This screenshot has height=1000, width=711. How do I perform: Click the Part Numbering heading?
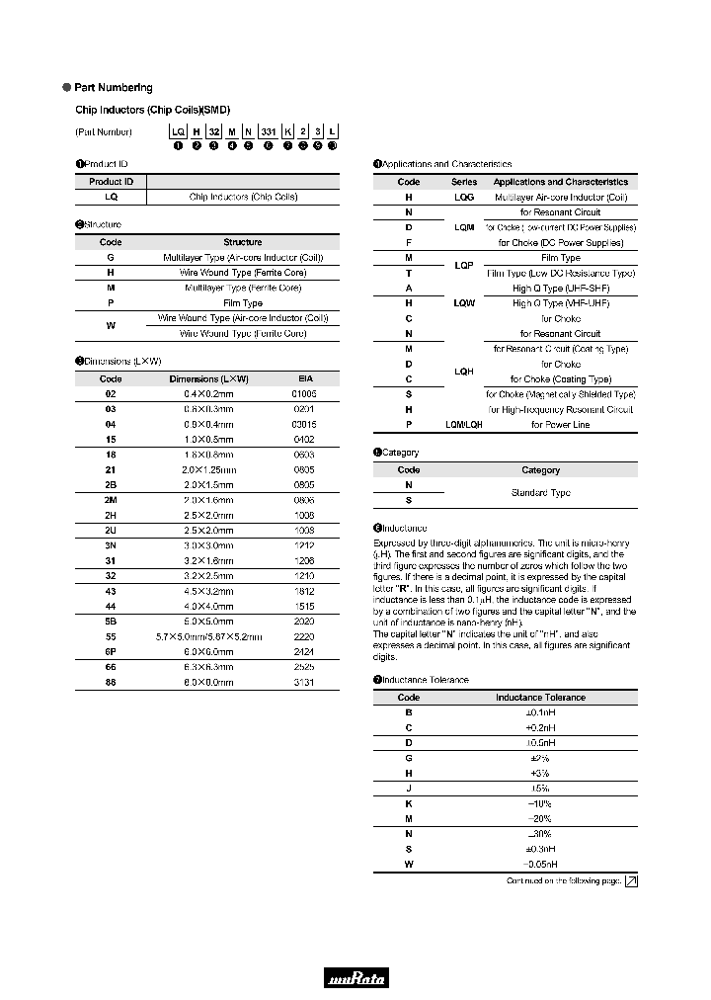pyautogui.click(x=114, y=88)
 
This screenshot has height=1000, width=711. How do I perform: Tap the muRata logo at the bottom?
pyautogui.click(x=355, y=978)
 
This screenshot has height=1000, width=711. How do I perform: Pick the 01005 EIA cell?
pyautogui.click(x=305, y=393)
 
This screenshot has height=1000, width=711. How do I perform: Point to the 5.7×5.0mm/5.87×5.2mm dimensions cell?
pyautogui.click(x=208, y=637)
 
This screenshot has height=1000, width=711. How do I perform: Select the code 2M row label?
pyautogui.click(x=111, y=500)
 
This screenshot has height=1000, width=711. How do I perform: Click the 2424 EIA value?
pyautogui.click(x=305, y=652)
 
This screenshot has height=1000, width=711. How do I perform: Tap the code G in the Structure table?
pyautogui.click(x=111, y=257)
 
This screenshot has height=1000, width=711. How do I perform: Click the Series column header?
pyautogui.click(x=464, y=182)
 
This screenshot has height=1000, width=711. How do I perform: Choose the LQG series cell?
pyautogui.click(x=464, y=197)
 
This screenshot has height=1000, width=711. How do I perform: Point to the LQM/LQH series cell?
pyautogui.click(x=464, y=424)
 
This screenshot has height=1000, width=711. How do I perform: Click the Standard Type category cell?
pyautogui.click(x=540, y=492)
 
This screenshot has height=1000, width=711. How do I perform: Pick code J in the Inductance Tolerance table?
pyautogui.click(x=408, y=789)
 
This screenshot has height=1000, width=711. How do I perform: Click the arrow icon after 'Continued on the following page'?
pyautogui.click(x=631, y=881)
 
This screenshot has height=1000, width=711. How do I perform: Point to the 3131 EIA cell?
pyautogui.click(x=305, y=682)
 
